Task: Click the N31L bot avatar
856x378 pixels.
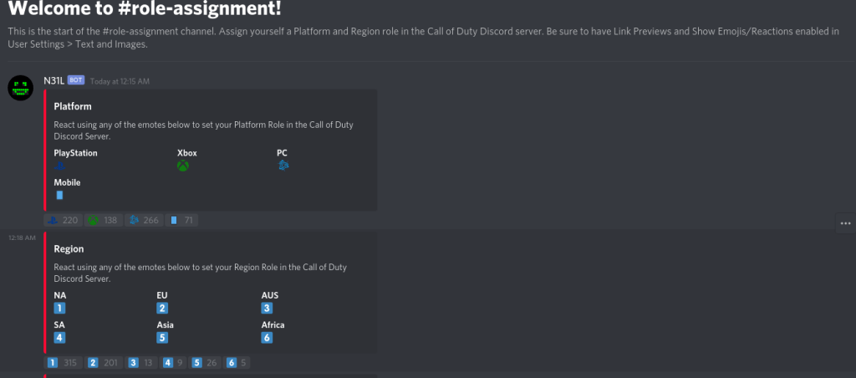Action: [20, 88]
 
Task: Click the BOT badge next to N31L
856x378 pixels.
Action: [76, 80]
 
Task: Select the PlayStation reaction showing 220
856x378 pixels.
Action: [63, 220]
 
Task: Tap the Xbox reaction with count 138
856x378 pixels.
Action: [103, 220]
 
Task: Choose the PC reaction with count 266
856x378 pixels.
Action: [144, 220]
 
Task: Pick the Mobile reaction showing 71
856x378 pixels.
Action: [181, 220]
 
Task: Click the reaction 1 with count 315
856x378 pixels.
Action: [63, 363]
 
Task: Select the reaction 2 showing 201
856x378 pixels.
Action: [103, 363]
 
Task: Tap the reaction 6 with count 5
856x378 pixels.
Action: [237, 363]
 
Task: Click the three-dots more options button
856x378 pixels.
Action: [846, 223]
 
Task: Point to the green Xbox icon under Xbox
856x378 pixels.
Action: [183, 166]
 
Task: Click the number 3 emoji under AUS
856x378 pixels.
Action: [267, 308]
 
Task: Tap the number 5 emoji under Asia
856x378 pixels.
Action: [162, 338]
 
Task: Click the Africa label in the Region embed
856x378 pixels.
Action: [273, 325]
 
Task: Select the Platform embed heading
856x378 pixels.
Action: [73, 106]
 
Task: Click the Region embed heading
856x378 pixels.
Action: [69, 249]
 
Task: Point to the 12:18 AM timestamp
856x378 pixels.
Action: [22, 238]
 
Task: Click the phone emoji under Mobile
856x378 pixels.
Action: [59, 195]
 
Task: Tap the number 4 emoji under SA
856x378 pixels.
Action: [59, 338]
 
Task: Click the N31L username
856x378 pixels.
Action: [54, 81]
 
